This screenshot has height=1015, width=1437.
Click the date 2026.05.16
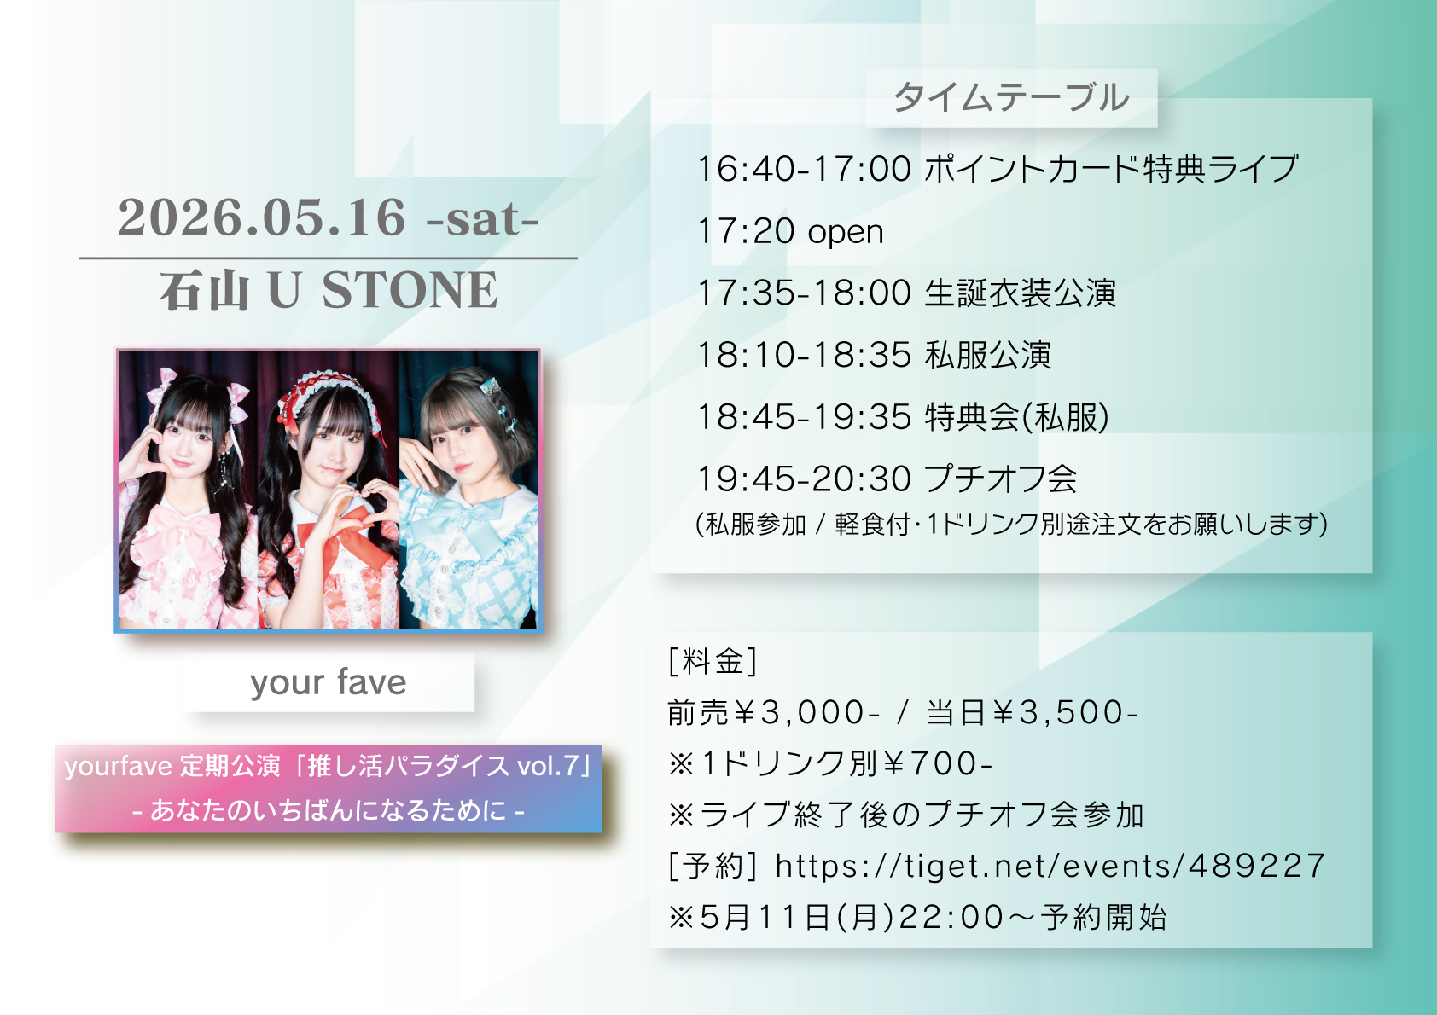pyautogui.click(x=262, y=218)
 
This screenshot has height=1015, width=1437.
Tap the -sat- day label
pyautogui.click(x=482, y=218)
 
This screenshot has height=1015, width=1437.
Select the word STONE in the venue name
pyautogui.click(x=410, y=290)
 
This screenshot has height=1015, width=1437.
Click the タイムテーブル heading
pyautogui.click(x=1011, y=97)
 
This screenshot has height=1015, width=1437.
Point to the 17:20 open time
pyautogui.click(x=790, y=231)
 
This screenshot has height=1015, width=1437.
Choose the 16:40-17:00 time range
pyautogui.click(x=805, y=169)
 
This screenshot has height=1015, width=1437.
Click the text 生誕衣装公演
pyautogui.click(x=1020, y=293)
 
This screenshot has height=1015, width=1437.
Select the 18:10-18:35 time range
pyautogui.click(x=805, y=355)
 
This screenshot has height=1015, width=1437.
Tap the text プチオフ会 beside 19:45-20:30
pyautogui.click(x=1001, y=479)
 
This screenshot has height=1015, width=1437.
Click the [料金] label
pyautogui.click(x=713, y=661)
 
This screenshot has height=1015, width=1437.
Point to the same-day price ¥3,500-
pyautogui.click(x=1064, y=712)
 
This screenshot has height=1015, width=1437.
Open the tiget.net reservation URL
pyautogui.click(x=1050, y=867)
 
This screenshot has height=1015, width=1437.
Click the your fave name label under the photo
pyautogui.click(x=328, y=682)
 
